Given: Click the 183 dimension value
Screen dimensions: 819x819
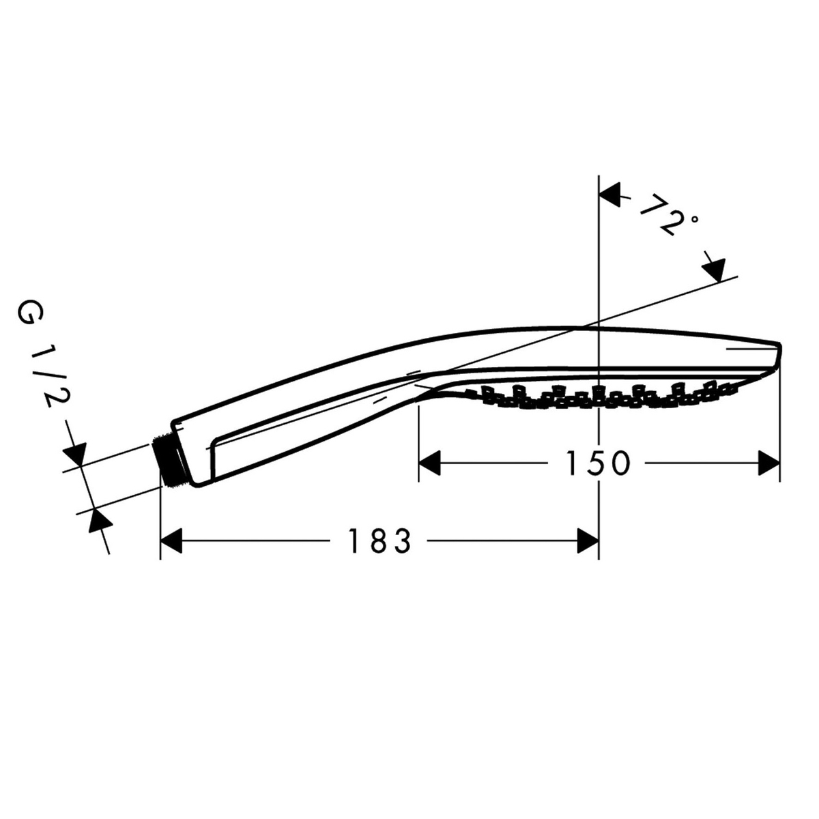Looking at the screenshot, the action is [x=379, y=541].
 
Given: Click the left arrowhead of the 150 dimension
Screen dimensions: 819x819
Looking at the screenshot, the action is [x=429, y=463].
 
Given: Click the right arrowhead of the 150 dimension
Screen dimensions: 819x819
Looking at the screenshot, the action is [x=769, y=463].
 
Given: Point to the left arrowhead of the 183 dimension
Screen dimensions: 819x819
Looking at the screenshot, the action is [x=171, y=541].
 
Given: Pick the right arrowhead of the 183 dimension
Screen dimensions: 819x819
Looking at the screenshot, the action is [x=588, y=541].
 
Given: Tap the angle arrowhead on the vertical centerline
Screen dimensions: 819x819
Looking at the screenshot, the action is [x=610, y=195].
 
